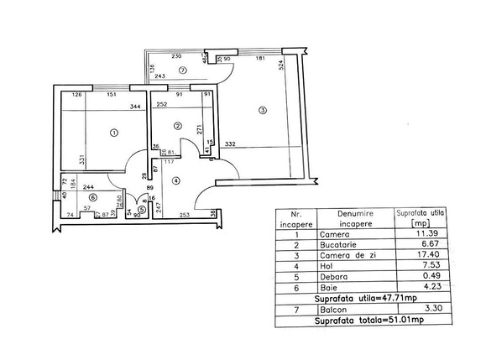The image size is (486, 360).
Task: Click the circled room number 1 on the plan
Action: tap(114, 131)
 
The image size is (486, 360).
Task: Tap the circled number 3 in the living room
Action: tap(263, 110)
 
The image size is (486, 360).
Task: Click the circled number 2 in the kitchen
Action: tap(177, 126)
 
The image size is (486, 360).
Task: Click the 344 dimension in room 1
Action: tap(134, 107)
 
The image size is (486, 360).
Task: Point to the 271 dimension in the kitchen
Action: tap(198, 130)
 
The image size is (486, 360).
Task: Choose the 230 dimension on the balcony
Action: tap(178, 56)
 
